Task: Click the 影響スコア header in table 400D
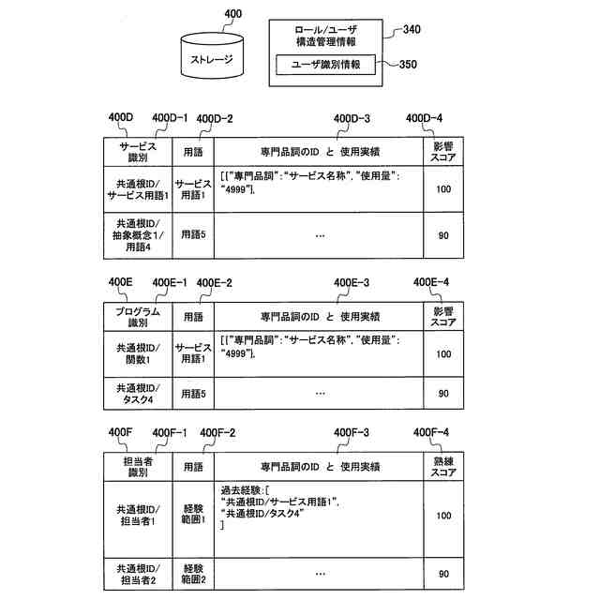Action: (x=444, y=152)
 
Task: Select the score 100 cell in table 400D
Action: (x=444, y=188)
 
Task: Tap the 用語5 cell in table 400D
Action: (x=194, y=234)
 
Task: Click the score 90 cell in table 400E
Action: (x=444, y=393)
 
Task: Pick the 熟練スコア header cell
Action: (x=444, y=466)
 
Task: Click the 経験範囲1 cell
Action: (x=194, y=516)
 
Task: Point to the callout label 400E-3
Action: (x=352, y=281)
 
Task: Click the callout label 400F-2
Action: (x=217, y=432)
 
